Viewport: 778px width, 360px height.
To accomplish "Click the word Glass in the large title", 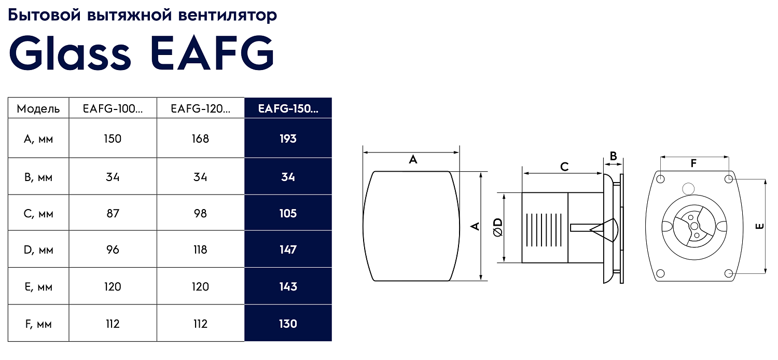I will pyautogui.click(x=70, y=53).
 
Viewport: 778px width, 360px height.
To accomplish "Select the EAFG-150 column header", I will pyautogui.click(x=288, y=108).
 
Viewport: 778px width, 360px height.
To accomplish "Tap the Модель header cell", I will pyautogui.click(x=38, y=109).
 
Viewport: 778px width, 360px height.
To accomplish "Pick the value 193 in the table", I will pyautogui.click(x=288, y=139).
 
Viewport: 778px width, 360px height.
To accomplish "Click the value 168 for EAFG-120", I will pyautogui.click(x=200, y=139).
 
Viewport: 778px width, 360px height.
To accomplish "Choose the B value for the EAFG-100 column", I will pyautogui.click(x=113, y=177).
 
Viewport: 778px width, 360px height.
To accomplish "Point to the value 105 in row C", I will pyautogui.click(x=288, y=213).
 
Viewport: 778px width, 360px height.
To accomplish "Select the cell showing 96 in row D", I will pyautogui.click(x=113, y=250).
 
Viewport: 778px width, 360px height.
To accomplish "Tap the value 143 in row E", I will pyautogui.click(x=288, y=286).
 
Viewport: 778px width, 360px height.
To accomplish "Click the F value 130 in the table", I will pyautogui.click(x=288, y=324).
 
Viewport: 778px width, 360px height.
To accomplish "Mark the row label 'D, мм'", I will pyautogui.click(x=38, y=250).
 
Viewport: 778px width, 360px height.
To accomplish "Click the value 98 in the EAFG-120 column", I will pyautogui.click(x=200, y=213).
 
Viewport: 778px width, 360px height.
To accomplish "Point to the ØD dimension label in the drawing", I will pyautogui.click(x=497, y=227).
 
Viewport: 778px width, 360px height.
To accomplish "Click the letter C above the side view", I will pyautogui.click(x=564, y=167).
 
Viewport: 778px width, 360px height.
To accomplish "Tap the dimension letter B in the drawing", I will pyautogui.click(x=613, y=156).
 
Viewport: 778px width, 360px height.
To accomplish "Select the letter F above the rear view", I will pyautogui.click(x=693, y=163).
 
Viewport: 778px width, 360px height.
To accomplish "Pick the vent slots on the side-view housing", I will pyautogui.click(x=543, y=228).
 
